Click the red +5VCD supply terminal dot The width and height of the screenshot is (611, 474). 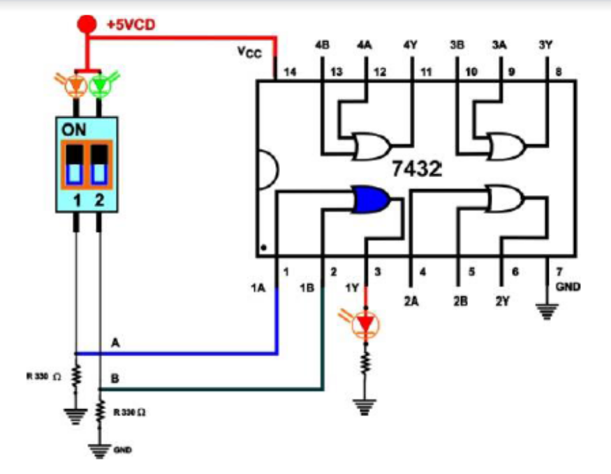pyautogui.click(x=87, y=24)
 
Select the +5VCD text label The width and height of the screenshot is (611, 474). pyautogui.click(x=131, y=24)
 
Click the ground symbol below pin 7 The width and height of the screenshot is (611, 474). pyautogui.click(x=547, y=312)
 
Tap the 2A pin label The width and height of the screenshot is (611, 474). pyautogui.click(x=411, y=302)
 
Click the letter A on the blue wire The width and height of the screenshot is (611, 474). pyautogui.click(x=115, y=343)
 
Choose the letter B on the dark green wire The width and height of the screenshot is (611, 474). pyautogui.click(x=115, y=379)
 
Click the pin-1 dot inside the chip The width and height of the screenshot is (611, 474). pyautogui.click(x=263, y=246)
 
